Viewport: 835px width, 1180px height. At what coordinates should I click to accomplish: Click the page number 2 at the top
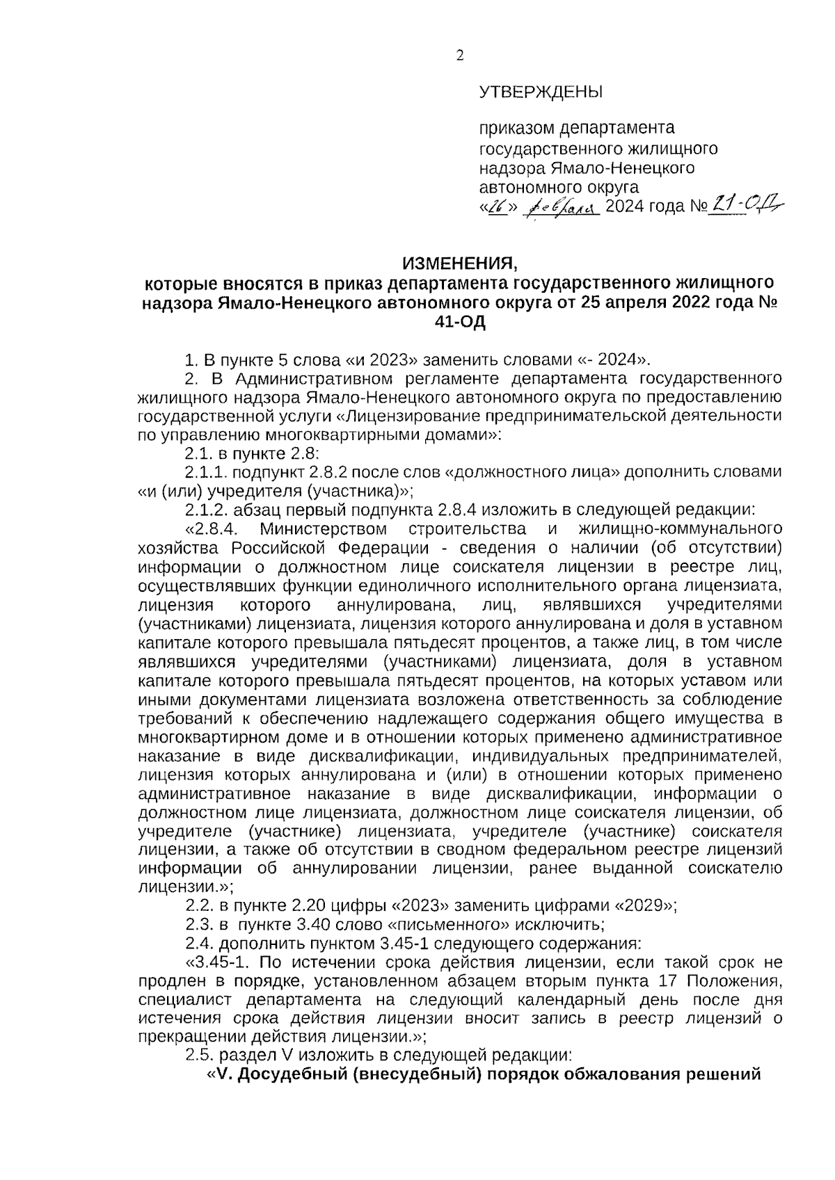pos(459,57)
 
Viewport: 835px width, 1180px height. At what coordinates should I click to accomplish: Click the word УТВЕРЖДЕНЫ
pos(541,92)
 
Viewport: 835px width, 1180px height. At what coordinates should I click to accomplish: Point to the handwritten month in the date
pos(561,208)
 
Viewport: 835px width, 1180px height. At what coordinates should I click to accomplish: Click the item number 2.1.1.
pos(206,472)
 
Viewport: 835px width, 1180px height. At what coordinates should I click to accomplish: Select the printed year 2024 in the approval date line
pos(626,208)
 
